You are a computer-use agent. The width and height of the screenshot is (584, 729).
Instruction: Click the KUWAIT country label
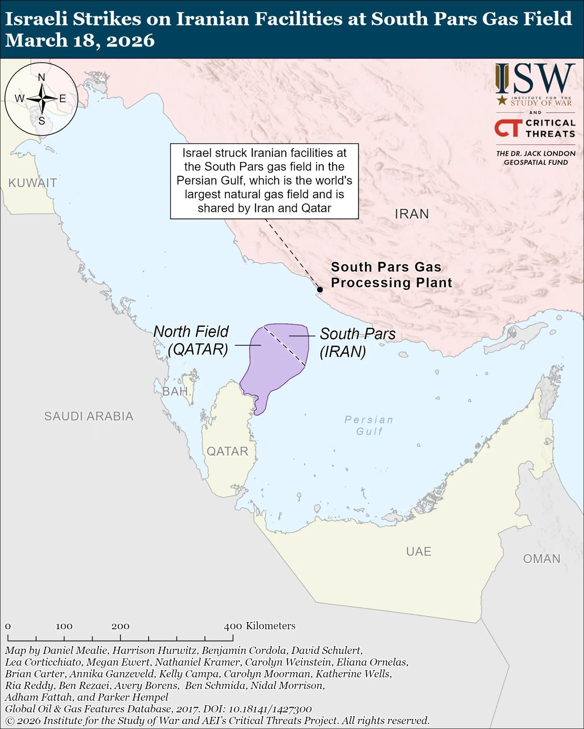point(32,183)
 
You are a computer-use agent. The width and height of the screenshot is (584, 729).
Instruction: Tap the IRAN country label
point(412,214)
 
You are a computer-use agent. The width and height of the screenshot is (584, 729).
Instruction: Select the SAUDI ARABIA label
point(89,416)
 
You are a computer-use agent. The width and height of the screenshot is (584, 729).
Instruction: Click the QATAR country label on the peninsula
point(227,451)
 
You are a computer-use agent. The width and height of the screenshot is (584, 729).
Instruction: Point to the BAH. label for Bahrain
point(176,391)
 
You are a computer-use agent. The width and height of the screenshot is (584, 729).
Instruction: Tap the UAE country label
point(418,551)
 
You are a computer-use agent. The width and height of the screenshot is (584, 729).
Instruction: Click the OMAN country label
point(542,559)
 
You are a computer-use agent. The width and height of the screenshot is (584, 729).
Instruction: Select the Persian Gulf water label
point(369,425)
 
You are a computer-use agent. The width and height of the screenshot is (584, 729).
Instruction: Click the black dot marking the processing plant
point(320,289)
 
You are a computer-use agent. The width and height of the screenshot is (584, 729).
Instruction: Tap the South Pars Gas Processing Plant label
point(391,275)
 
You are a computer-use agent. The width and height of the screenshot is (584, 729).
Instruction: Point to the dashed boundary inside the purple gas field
point(285,345)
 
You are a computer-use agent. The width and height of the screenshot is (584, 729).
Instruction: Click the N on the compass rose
point(42,77)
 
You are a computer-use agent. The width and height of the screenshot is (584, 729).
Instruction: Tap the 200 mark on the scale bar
point(120,626)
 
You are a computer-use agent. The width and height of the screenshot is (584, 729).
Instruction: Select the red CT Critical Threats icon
point(508,128)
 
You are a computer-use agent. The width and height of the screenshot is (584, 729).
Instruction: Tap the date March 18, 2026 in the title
point(80,41)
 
